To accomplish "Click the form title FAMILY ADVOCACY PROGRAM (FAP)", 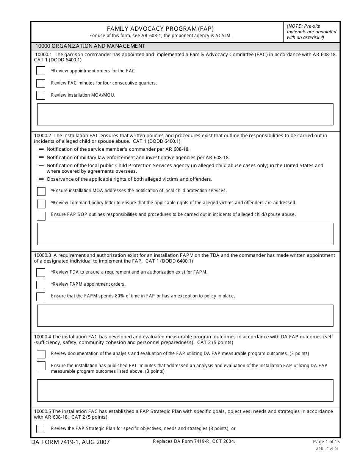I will pos(160,29).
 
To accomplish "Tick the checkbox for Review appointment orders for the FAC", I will pos(41,71).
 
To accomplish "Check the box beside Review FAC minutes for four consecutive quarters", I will pos(41,83).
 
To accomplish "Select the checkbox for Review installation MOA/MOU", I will pos(41,95).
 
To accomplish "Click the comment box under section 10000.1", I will pos(185,114).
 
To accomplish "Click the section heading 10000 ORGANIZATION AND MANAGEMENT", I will pos(90,46).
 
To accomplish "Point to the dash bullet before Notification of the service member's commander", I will pos(41,149).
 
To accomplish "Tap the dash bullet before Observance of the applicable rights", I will pos(41,179).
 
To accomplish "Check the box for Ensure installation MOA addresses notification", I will pos(41,191).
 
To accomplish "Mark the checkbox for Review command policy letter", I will pos(41,204).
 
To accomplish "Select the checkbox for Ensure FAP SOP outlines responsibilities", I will pos(41,216).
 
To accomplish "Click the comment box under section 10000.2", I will pos(185,234).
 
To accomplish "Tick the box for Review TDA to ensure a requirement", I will pos(41,272).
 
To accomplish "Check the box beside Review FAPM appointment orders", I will pos(41,285).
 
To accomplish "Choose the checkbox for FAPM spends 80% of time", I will pos(41,297).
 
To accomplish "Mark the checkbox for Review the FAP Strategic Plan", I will pos(41,429).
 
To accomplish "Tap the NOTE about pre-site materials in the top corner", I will pos(311,32).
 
